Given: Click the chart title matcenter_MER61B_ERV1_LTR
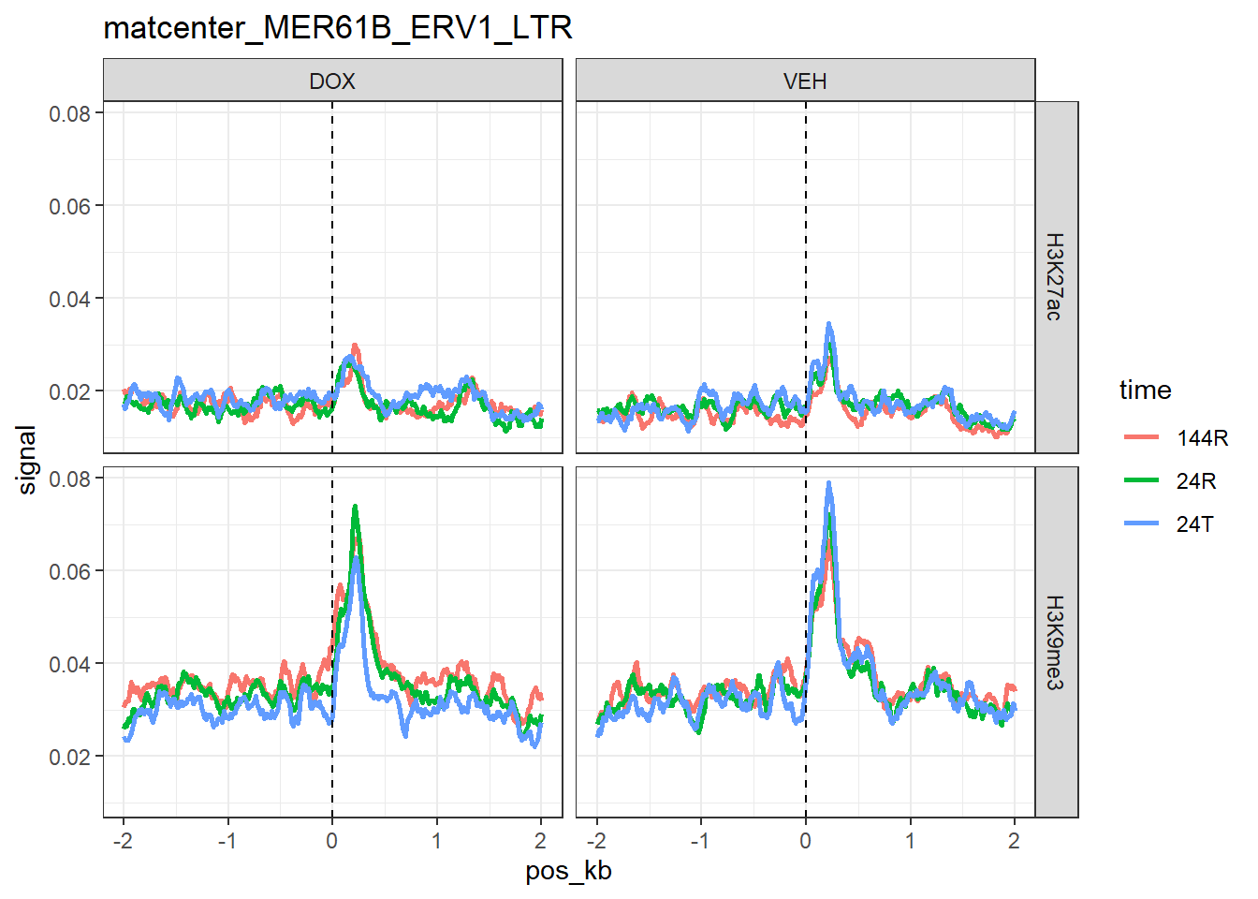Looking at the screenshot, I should (x=338, y=28).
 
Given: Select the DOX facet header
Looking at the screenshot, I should (x=332, y=81).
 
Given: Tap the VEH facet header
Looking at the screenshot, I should (x=805, y=81).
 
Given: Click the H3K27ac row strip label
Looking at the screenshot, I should (x=1055, y=277).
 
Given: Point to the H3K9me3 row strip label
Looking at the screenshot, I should (x=1055, y=642).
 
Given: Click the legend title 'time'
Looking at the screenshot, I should (x=1145, y=391).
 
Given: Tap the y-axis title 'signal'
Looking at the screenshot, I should (x=27, y=459).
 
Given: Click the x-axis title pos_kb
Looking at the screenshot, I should (x=568, y=872).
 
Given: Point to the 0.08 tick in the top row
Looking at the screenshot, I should (x=70, y=113).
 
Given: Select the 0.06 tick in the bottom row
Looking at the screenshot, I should (x=70, y=571).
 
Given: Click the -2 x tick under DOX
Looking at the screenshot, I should (x=123, y=841).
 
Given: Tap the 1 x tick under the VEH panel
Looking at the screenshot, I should (x=910, y=841).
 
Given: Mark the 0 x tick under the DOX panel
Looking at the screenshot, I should (x=332, y=841).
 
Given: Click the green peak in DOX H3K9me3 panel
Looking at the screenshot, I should (x=355, y=507).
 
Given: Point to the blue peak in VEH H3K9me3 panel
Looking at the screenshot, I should (x=828, y=483).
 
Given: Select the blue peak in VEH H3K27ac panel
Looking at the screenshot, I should (x=829, y=324).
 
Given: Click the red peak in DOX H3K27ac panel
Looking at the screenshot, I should (x=355, y=346).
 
